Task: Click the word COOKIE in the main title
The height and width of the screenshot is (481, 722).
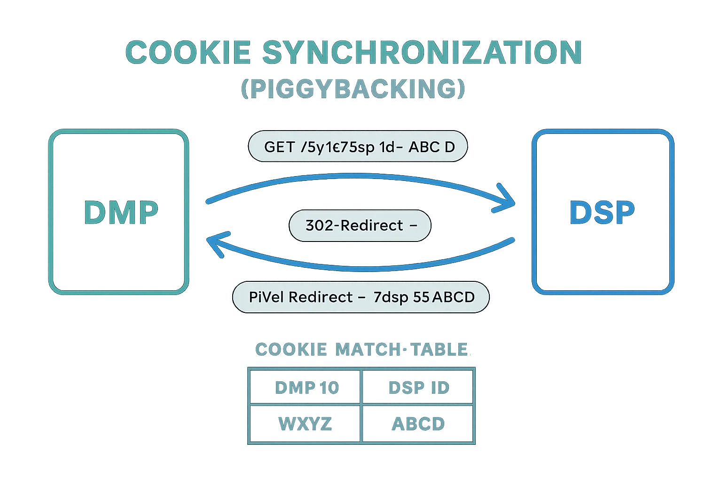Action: (188, 52)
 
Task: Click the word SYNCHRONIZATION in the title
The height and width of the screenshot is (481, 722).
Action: (422, 52)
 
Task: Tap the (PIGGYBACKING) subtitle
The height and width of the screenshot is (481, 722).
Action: (353, 89)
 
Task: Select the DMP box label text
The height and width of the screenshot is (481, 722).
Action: (120, 212)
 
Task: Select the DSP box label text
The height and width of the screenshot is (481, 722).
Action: (602, 212)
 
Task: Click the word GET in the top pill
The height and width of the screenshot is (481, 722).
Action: (279, 147)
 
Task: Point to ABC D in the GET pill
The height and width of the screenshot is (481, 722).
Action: (432, 147)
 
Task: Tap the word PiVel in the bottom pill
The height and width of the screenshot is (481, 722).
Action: (266, 297)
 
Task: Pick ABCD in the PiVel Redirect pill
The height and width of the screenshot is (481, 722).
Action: (453, 297)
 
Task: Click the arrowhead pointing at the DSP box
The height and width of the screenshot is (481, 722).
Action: (509, 202)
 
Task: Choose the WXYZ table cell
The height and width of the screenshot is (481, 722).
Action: (305, 424)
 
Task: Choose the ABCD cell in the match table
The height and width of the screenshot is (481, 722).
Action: (418, 424)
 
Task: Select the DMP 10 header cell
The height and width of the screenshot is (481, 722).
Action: (306, 388)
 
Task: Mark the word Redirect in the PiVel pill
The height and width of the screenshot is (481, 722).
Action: (321, 297)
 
